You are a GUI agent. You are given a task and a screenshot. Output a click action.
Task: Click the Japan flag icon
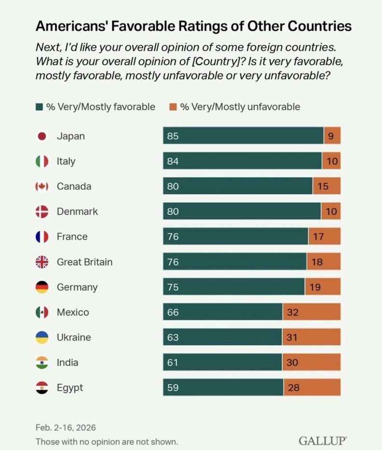point(42,136)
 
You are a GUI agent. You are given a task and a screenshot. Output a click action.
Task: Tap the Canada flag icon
point(42,186)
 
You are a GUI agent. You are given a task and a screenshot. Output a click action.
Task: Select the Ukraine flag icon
point(42,337)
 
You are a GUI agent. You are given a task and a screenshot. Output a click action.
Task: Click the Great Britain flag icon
point(42,262)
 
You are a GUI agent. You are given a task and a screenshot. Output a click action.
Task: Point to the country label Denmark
point(77,211)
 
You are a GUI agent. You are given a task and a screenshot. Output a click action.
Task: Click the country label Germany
point(77,287)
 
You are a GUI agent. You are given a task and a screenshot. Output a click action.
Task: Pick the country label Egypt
point(70,387)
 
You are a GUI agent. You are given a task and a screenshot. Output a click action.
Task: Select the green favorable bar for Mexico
point(222,312)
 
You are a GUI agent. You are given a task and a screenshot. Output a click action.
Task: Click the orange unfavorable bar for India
point(311,362)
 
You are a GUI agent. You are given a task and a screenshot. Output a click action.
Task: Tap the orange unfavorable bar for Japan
point(332,136)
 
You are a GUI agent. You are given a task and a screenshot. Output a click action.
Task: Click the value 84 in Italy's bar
point(173,161)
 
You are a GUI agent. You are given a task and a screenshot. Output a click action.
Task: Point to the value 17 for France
point(318,237)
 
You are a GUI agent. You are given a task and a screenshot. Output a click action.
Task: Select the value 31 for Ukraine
point(292,337)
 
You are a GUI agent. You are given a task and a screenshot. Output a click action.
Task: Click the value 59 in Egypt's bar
point(173,387)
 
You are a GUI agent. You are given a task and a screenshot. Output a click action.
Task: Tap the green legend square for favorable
point(40,107)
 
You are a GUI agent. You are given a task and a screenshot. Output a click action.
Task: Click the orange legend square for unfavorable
point(174,107)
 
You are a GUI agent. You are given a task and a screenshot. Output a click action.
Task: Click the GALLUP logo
point(322,441)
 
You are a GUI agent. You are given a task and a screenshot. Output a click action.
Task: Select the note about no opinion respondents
point(107,441)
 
